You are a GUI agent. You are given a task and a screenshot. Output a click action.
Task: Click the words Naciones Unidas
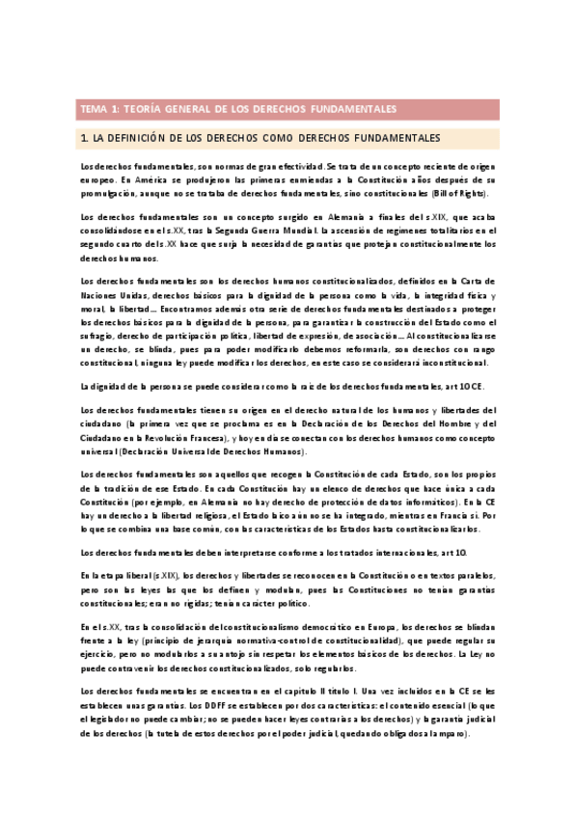111,294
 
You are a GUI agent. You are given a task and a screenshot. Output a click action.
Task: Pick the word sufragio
98,335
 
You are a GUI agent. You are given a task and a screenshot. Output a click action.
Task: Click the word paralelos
476,575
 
